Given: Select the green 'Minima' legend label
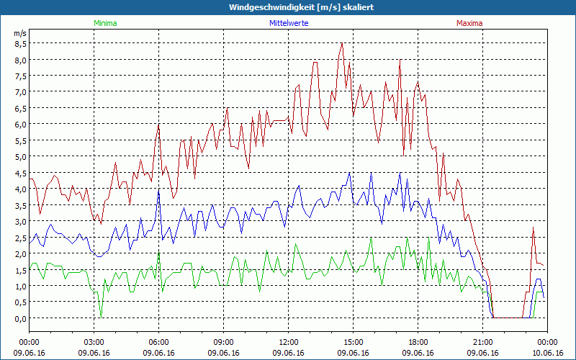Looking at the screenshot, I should click(x=105, y=23).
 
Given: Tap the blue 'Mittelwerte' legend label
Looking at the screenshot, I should click(x=289, y=23).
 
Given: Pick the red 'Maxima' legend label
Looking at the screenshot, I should click(x=469, y=23).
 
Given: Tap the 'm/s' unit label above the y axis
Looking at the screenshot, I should click(x=20, y=33).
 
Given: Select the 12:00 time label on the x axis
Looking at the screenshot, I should click(x=288, y=342).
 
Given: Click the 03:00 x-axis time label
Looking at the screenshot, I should click(x=94, y=342).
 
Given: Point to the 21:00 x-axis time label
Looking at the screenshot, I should click(x=482, y=342).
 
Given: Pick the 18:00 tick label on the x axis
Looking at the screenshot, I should click(x=418, y=342).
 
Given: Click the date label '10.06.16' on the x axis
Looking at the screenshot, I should click(x=547, y=353).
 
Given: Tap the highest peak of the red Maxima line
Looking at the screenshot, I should click(x=342, y=43).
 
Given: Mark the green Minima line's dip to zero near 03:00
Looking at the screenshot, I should click(x=102, y=317).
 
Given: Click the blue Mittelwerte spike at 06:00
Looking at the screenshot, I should click(x=158, y=192).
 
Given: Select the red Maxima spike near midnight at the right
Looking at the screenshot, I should click(x=534, y=228).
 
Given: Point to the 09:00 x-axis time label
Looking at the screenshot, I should click(x=223, y=342).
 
